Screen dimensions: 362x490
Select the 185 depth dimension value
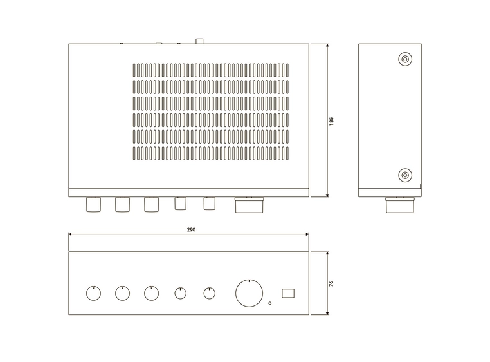331,120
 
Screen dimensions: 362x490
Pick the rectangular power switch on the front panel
287,292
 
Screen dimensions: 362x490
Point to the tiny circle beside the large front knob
269,303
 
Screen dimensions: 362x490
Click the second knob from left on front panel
122,293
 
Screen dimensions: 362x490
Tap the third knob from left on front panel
151,293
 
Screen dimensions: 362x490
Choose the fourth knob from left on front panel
181,293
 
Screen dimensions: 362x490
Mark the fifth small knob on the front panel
209,293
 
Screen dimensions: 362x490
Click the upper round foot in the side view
404,60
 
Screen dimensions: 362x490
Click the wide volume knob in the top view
249,205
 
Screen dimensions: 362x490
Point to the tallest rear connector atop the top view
200,42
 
